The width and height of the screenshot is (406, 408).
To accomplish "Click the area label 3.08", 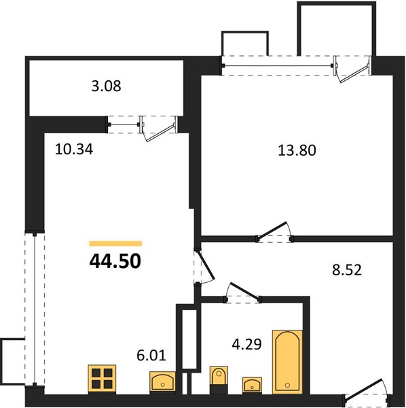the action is tap(106, 86).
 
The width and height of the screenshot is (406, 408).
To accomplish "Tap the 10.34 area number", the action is tap(74, 150).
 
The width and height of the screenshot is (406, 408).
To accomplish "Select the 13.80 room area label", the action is tap(297, 150).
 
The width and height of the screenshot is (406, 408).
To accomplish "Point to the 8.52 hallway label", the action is tap(347, 270).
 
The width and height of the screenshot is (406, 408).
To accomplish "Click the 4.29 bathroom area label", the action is tap(246, 344).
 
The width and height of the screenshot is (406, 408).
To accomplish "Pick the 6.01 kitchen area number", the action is tap(151, 356).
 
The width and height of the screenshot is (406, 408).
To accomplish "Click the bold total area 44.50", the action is tap(115, 261).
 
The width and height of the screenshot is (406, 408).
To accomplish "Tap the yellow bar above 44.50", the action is tap(115, 243).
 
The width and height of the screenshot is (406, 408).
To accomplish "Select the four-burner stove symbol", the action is tap(102, 379).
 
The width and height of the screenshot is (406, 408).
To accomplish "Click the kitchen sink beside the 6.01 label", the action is tap(163, 381).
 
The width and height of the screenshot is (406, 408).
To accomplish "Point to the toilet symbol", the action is tap(219, 380).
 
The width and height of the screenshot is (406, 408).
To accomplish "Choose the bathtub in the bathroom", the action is tap(287, 362).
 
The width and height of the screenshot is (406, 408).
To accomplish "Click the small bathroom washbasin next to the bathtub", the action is tap(253, 385).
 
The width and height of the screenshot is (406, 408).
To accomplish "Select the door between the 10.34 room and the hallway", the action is tap(204, 267).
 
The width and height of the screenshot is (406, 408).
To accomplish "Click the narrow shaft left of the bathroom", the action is tap(189, 339).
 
